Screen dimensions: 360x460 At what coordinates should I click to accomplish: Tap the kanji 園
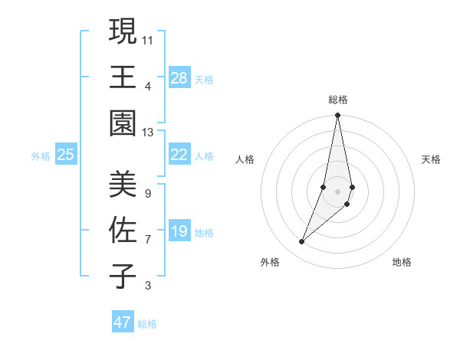pyautogui.click(x=123, y=123)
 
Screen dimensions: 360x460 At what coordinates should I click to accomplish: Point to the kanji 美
pyautogui.click(x=123, y=184)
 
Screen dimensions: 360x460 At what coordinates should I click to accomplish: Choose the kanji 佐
pyautogui.click(x=123, y=230)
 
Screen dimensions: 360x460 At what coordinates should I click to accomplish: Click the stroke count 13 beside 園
pyautogui.click(x=149, y=132)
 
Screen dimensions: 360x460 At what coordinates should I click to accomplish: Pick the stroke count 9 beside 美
pyautogui.click(x=148, y=193)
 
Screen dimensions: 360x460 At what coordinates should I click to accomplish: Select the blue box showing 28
pyautogui.click(x=179, y=77)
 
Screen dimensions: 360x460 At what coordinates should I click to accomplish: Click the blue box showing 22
pyautogui.click(x=179, y=155)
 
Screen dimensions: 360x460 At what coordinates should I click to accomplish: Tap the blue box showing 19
pyautogui.click(x=179, y=231)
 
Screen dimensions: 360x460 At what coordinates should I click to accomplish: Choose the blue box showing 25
pyautogui.click(x=66, y=155)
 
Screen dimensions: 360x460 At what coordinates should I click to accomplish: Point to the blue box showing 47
pyautogui.click(x=123, y=322)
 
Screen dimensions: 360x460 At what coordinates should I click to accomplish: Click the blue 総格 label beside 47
pyautogui.click(x=147, y=324)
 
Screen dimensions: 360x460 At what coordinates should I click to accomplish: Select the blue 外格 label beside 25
pyautogui.click(x=41, y=156)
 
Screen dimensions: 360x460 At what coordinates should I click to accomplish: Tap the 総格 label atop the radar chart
pyautogui.click(x=337, y=100)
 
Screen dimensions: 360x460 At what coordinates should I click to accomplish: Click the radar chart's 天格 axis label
pyautogui.click(x=432, y=159)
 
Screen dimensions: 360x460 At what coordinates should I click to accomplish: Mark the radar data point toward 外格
pyautogui.click(x=302, y=242)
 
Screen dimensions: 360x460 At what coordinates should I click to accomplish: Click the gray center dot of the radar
pyautogui.click(x=337, y=191)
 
